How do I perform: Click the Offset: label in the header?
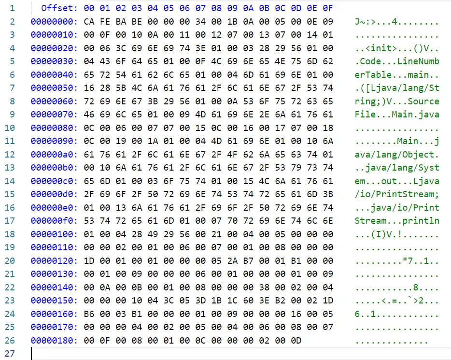tap(59, 8)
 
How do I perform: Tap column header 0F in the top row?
tap(328, 8)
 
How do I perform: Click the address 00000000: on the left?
tap(54, 22)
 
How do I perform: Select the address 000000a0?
tap(54, 155)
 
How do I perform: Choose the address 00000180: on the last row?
tap(54, 340)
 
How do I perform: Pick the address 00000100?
tap(54, 234)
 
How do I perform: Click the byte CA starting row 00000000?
tap(89, 22)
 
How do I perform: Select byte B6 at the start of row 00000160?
tap(89, 314)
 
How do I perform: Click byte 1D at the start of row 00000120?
tap(89, 260)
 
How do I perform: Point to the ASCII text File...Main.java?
tap(397, 115)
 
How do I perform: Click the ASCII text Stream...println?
tap(397, 221)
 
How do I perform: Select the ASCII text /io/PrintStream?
tap(397, 194)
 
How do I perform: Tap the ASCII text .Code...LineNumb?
tap(397, 61)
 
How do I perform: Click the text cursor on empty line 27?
tap(32, 353)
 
